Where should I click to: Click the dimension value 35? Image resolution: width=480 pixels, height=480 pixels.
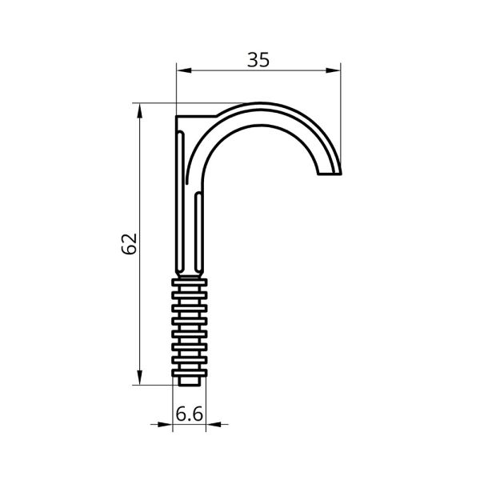258,60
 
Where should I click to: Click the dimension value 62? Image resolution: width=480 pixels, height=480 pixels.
129,244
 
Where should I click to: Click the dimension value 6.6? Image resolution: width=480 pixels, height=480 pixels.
189,414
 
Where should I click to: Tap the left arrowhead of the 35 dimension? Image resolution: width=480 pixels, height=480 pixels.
184,70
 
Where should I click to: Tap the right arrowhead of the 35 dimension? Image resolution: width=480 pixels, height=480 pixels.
333,70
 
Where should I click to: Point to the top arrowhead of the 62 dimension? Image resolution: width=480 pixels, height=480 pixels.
139,110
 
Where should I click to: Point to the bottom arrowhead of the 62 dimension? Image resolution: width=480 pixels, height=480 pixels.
139,378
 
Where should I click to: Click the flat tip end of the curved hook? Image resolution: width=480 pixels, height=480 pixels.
330,174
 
